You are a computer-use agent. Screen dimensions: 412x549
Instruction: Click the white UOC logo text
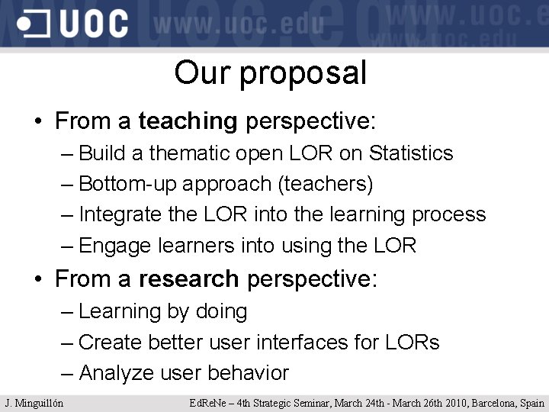point(94,24)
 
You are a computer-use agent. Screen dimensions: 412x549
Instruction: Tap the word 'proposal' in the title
point(303,73)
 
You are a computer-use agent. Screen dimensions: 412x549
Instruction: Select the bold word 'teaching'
point(188,121)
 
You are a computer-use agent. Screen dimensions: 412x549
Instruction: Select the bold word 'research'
point(188,279)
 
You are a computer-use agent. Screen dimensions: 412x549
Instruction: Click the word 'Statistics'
point(411,153)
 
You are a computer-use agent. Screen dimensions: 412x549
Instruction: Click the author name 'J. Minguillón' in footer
point(34,403)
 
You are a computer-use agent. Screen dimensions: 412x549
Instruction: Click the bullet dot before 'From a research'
point(37,280)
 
